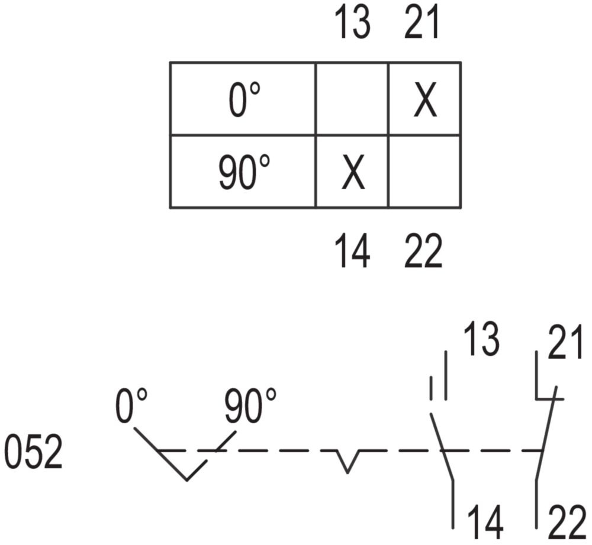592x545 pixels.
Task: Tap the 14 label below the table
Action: pyautogui.click(x=353, y=251)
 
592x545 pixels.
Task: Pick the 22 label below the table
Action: pyautogui.click(x=423, y=251)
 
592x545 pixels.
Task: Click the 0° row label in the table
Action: pyautogui.click(x=244, y=100)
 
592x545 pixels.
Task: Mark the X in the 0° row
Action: pyautogui.click(x=426, y=100)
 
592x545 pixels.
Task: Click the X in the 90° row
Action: pyautogui.click(x=353, y=173)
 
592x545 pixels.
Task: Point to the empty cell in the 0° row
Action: pyautogui.click(x=352, y=99)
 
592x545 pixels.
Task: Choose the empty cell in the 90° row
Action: pyautogui.click(x=424, y=172)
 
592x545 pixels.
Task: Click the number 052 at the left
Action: pyautogui.click(x=33, y=452)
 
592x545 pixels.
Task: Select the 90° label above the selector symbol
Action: pyautogui.click(x=250, y=406)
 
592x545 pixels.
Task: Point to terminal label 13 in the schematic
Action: pyautogui.click(x=481, y=339)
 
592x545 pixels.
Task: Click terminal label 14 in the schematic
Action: pyautogui.click(x=486, y=524)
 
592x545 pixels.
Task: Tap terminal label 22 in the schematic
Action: pyautogui.click(x=567, y=524)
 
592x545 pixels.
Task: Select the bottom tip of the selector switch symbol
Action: pyautogui.click(x=187, y=480)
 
